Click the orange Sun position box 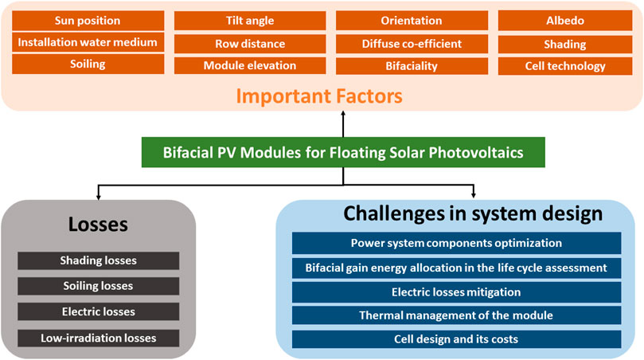tap(88, 21)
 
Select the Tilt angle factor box tap(250, 21)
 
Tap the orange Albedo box tap(565, 21)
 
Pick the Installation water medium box tap(88, 42)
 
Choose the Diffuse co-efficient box tap(412, 44)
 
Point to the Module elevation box tap(250, 66)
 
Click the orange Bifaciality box tap(412, 66)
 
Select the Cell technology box tap(565, 66)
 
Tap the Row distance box tap(250, 44)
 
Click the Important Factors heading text tap(319, 96)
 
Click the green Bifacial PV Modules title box tap(343, 152)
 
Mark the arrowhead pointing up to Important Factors tap(343, 113)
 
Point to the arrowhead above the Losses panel tap(98, 198)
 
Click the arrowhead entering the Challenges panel tap(474, 195)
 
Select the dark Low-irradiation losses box tap(98, 338)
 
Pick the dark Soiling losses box tap(98, 286)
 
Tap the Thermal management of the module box tap(456, 315)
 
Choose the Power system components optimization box tap(456, 243)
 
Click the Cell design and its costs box tap(456, 339)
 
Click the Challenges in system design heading tap(473, 213)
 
